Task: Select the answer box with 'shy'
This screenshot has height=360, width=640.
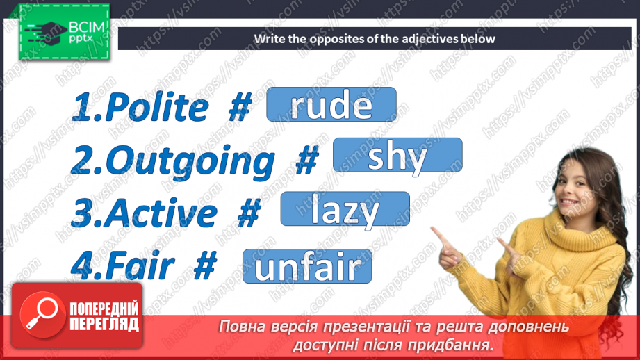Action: (397, 155)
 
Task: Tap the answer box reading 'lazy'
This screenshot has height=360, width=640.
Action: (345, 208)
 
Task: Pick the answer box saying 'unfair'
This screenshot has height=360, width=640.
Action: (307, 266)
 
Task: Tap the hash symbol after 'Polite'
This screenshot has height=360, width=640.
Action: (239, 108)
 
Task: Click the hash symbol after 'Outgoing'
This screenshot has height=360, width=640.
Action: (306, 161)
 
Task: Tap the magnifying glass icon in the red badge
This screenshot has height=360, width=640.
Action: (39, 313)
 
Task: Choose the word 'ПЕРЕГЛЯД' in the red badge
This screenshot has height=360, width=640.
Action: (104, 324)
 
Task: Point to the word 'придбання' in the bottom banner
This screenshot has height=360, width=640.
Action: (454, 345)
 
